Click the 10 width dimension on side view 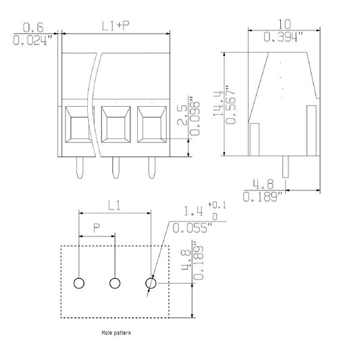284,23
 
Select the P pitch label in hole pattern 97,229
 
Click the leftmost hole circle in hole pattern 79,283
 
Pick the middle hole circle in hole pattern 115,283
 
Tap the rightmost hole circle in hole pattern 151,283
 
